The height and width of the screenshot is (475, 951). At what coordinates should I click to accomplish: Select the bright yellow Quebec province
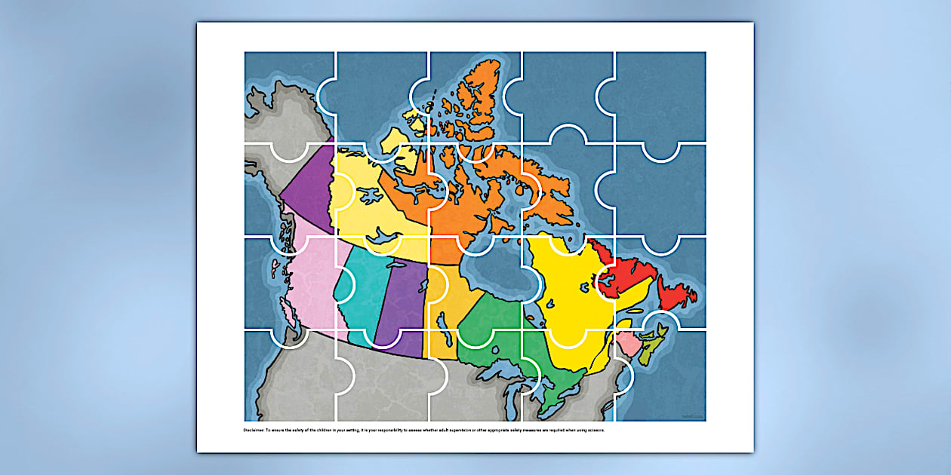point(566,294)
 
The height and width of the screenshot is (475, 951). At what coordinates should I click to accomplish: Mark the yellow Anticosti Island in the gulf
point(636,310)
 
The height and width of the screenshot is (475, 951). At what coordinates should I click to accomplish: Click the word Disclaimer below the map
point(254,431)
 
